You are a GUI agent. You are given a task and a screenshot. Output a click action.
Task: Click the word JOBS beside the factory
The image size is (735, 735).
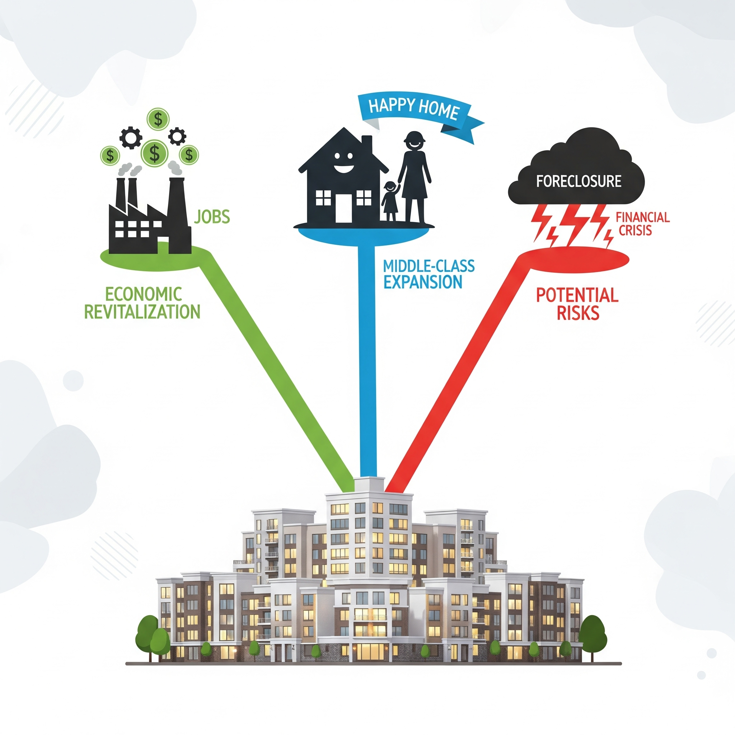212,217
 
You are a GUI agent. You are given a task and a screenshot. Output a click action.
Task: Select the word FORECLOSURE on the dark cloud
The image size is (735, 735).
579,181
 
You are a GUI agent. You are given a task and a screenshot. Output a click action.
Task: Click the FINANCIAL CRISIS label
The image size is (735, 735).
642,224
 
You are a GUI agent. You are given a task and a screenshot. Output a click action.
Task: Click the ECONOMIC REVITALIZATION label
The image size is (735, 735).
142,303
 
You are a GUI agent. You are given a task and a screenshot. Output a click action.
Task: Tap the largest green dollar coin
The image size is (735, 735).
154,152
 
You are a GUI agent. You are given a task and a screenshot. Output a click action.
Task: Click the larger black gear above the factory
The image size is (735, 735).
131,138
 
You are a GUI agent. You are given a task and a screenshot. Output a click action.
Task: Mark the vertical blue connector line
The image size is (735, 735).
367,361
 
